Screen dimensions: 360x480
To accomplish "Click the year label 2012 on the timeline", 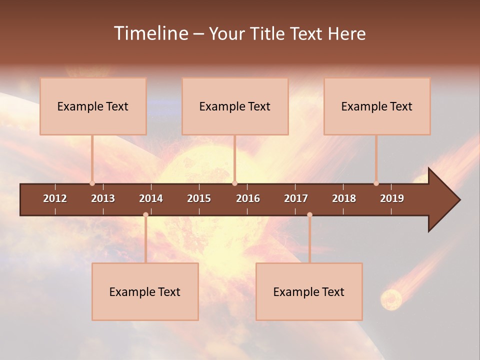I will (55, 198).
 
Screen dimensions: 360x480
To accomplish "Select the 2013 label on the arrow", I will (103, 198).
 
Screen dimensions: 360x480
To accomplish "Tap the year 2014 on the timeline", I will (151, 198).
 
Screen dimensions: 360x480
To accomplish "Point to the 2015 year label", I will (199, 198).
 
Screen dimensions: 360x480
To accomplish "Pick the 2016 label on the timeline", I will (248, 198).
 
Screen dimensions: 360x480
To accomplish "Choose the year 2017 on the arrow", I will (296, 198).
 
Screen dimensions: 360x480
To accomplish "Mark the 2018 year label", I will (344, 198).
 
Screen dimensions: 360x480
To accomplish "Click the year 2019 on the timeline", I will (392, 198).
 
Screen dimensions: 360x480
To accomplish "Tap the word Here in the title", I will (346, 34).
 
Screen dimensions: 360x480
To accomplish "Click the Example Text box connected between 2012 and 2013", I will (93, 106).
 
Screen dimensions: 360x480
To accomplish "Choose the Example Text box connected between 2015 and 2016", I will (235, 106).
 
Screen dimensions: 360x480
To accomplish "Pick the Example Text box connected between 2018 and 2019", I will (377, 106).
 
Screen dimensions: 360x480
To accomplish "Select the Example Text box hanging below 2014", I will (145, 291).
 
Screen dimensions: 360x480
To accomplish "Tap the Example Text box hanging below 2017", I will (309, 291).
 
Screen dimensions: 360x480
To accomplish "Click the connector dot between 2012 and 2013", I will (92, 183).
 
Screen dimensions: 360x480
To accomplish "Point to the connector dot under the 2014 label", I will (145, 214).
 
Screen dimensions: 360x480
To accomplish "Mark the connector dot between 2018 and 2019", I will (376, 183).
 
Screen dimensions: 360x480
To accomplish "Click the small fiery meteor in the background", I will (391, 299).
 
